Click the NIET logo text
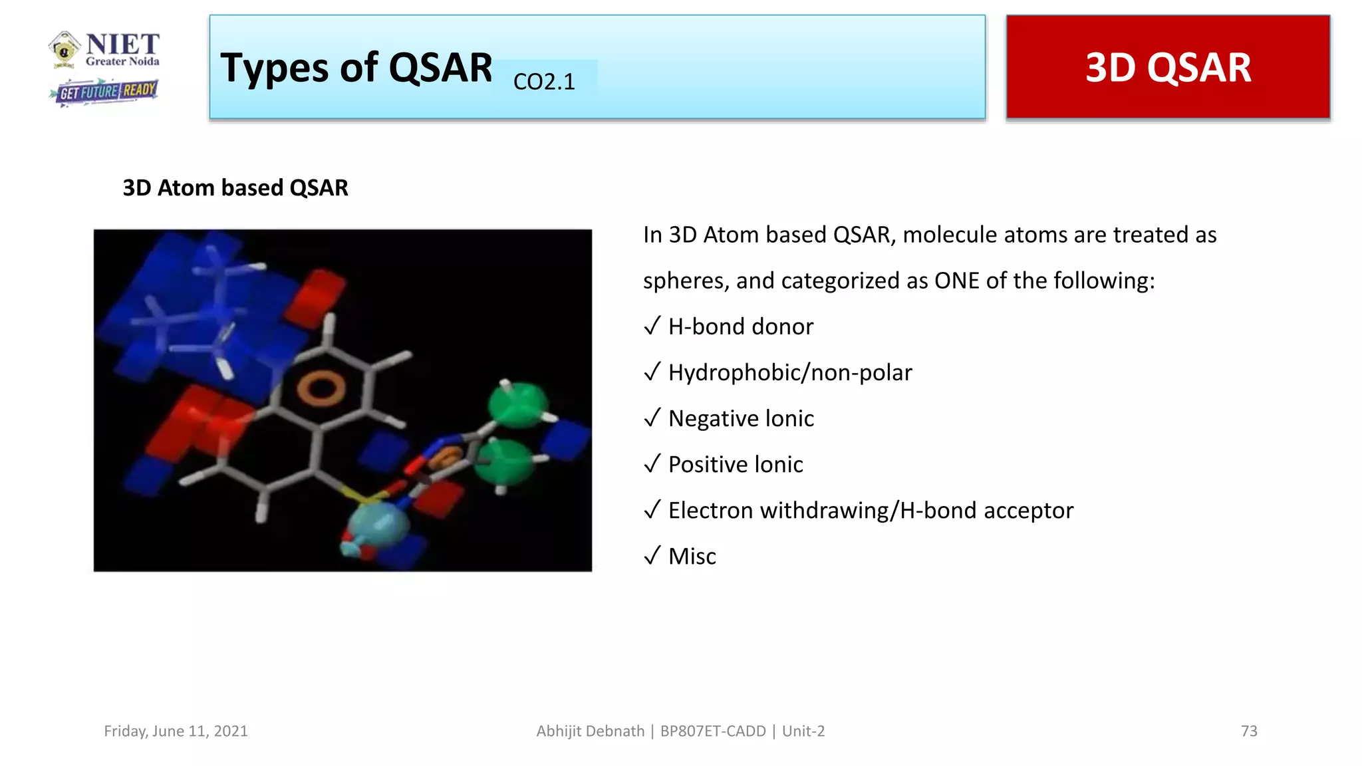click(x=122, y=45)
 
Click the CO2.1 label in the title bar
click(x=544, y=82)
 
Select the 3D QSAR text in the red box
click(x=1168, y=68)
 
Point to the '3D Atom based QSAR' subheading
click(x=235, y=188)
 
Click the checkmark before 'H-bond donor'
click(x=652, y=326)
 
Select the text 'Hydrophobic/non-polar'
click(x=789, y=372)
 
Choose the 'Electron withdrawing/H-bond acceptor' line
click(x=870, y=510)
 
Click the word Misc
click(x=692, y=556)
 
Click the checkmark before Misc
click(x=652, y=555)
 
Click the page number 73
click(x=1248, y=731)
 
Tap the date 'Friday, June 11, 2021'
click(x=176, y=731)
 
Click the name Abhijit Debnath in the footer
click(x=590, y=731)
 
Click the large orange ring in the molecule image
click(x=321, y=388)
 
